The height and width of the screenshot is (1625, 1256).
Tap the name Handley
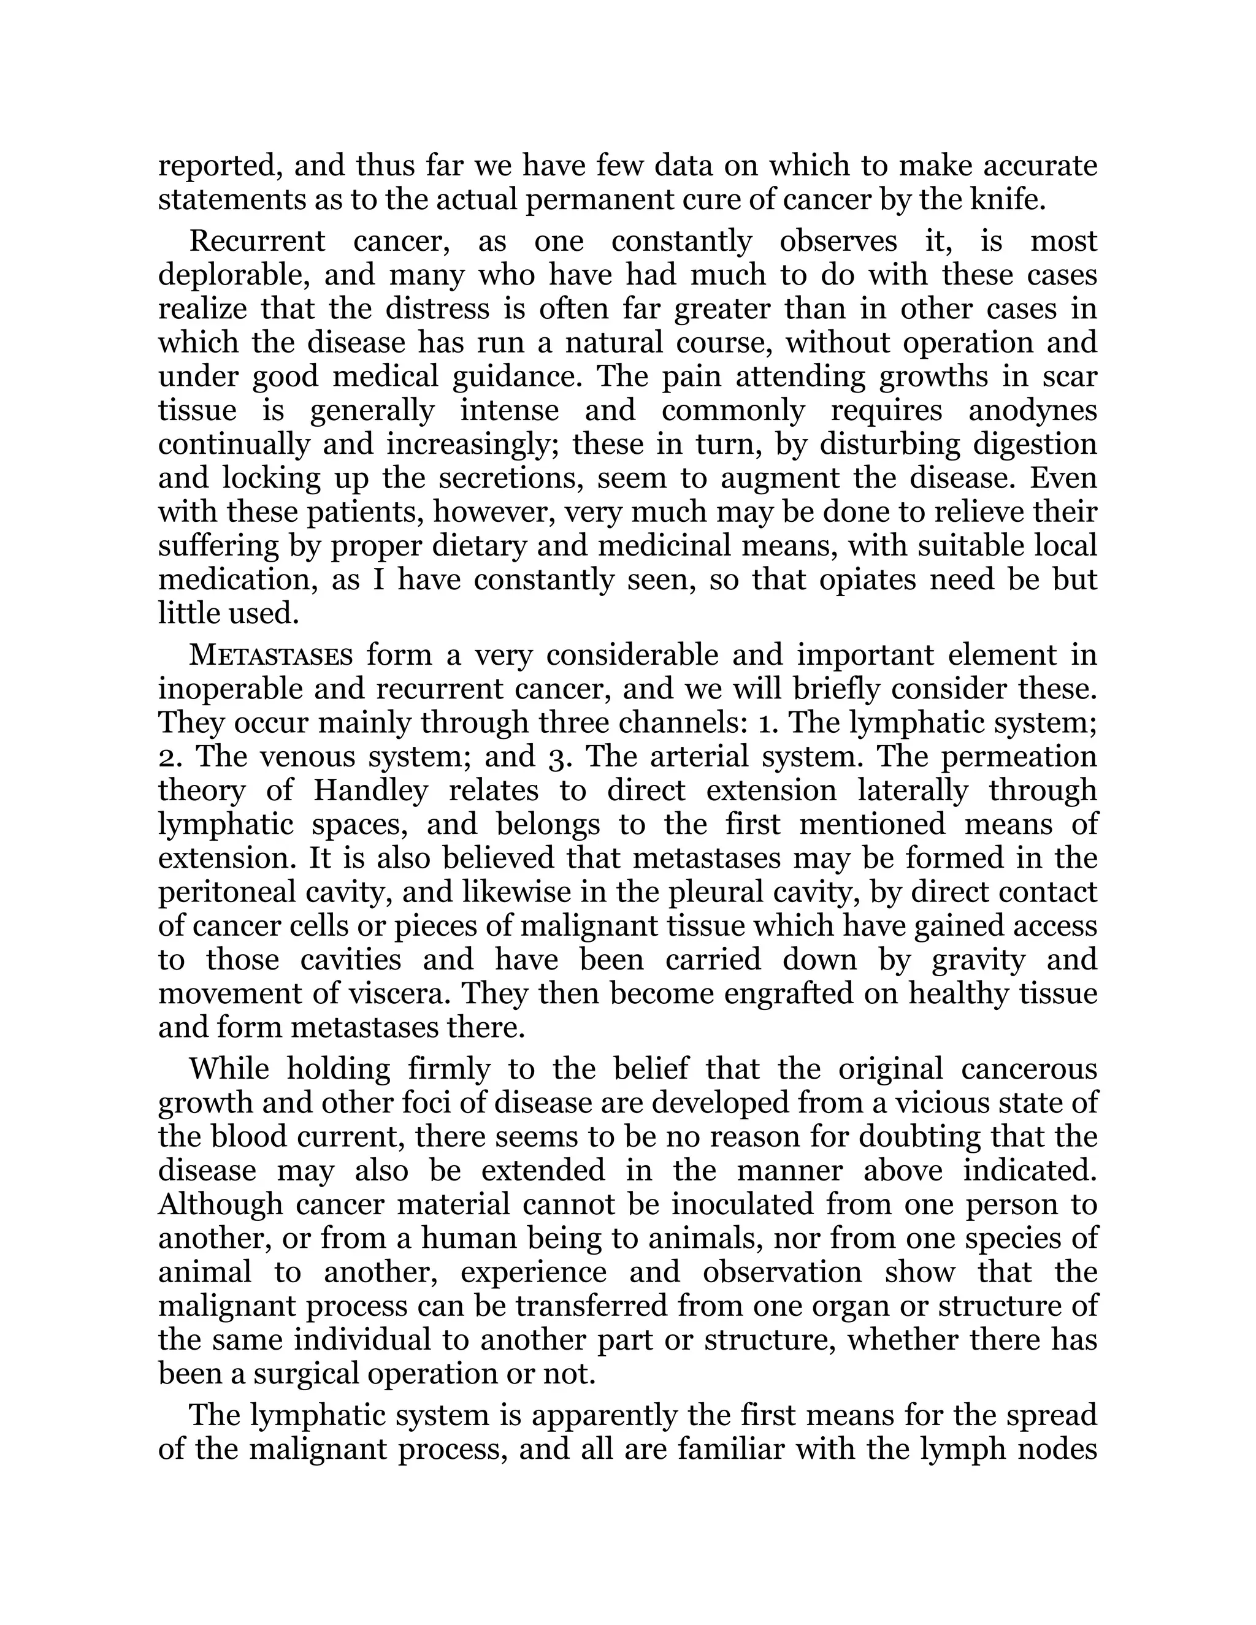coord(370,790)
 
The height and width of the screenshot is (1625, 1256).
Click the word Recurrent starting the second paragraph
coord(257,241)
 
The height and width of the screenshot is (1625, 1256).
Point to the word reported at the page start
coord(220,167)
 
